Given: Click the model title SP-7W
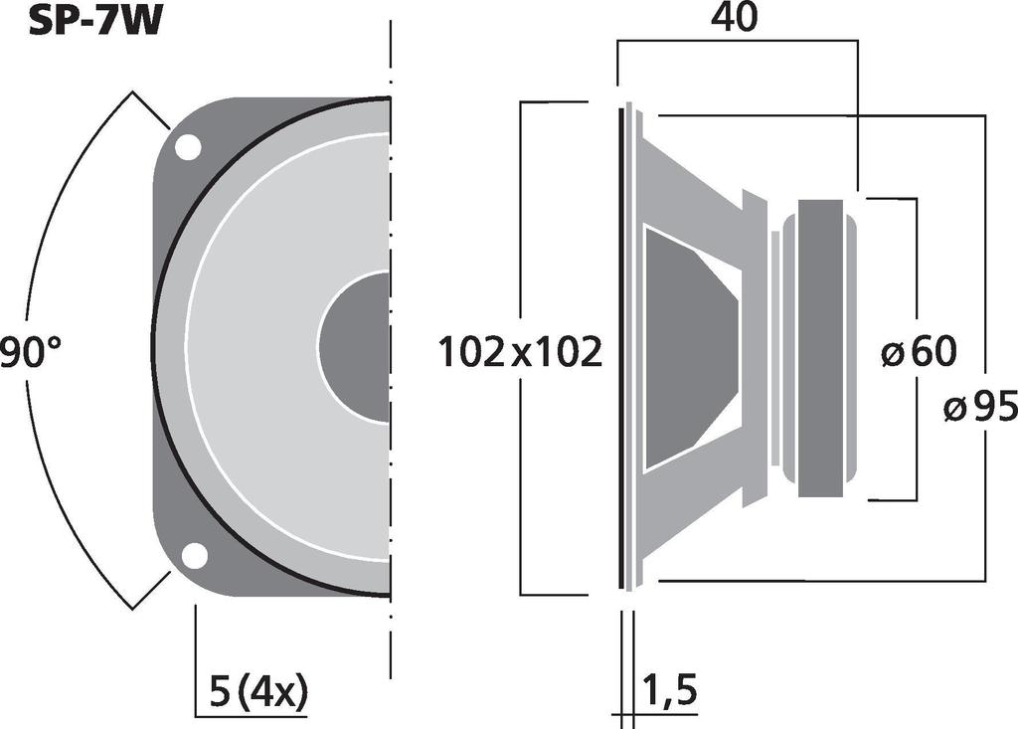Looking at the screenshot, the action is tap(94, 21).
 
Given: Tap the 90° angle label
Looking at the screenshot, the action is tap(30, 353).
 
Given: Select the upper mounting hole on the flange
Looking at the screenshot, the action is tap(187, 146).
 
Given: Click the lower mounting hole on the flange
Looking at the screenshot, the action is tap(194, 556).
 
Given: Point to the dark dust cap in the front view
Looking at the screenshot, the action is tap(355, 347).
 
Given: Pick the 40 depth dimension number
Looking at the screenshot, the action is tap(735, 18).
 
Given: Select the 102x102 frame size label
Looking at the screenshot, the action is tap(521, 353).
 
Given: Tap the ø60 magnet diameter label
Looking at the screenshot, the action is tap(919, 351).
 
